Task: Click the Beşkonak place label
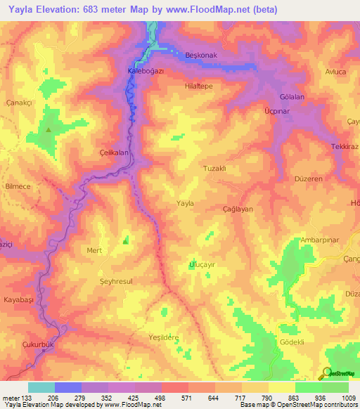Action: tap(196, 56)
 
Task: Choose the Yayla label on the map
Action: tap(185, 203)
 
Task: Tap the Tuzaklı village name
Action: tap(214, 169)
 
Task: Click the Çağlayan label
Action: tap(237, 209)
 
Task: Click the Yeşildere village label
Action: tap(164, 337)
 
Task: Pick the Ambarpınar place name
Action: tap(320, 239)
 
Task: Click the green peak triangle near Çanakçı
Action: tap(48, 129)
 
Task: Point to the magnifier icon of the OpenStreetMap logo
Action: tap(326, 372)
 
